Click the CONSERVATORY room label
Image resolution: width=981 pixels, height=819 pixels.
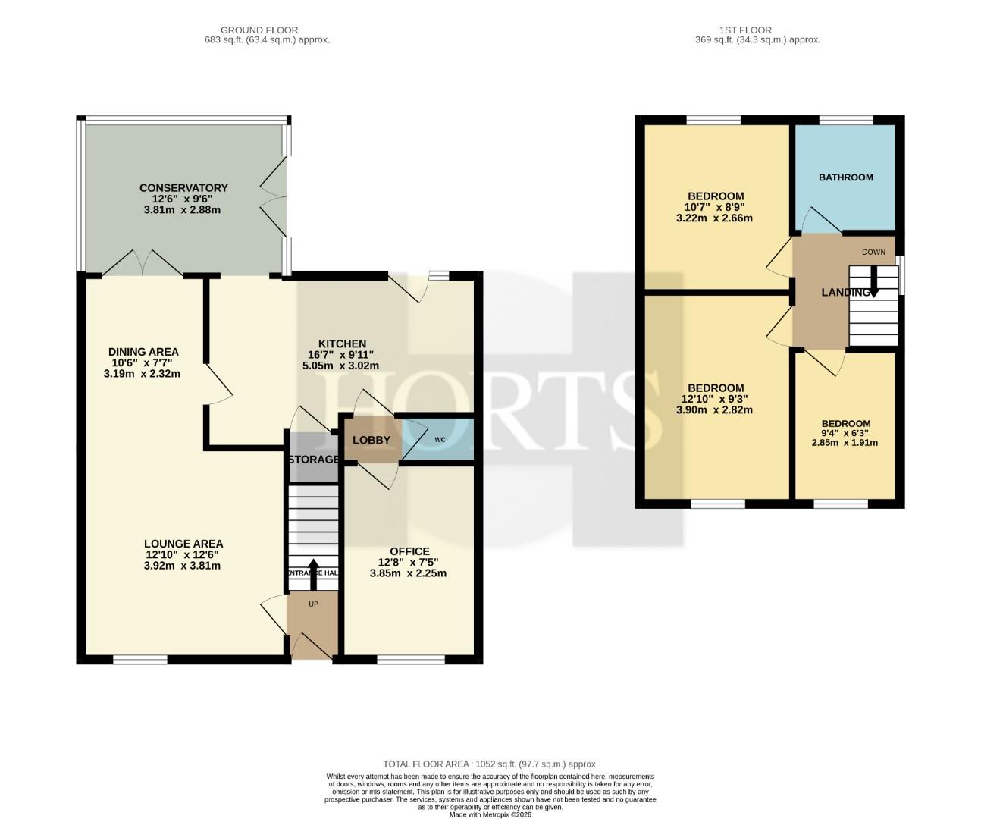point(183,188)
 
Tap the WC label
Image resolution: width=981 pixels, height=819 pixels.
point(440,440)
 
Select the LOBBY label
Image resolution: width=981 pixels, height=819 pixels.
point(371,441)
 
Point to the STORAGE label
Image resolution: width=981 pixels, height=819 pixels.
point(313,460)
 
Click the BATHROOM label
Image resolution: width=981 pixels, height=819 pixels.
point(846,177)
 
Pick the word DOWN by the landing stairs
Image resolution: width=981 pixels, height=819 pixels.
point(873,252)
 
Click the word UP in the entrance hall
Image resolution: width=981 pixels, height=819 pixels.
point(313,604)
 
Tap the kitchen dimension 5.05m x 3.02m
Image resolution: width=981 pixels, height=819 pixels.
point(340,366)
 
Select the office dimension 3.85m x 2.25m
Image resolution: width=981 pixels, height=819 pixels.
point(408,573)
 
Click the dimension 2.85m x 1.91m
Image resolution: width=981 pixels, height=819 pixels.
point(845,443)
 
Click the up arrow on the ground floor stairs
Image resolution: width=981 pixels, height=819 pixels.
point(313,574)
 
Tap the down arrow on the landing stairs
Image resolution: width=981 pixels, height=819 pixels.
point(873,281)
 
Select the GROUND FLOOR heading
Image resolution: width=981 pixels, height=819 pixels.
point(259,30)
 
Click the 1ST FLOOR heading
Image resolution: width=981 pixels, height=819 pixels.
point(746,30)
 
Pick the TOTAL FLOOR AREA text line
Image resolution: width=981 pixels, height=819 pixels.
point(490,764)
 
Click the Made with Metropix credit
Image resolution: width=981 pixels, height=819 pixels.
point(490,814)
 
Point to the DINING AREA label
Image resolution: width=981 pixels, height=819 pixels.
point(143,352)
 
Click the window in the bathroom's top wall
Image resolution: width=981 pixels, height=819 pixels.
point(846,120)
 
